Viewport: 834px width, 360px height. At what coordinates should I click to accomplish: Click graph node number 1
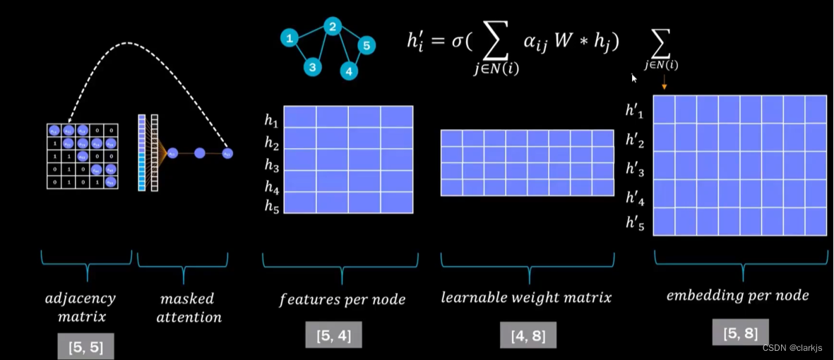pos(289,39)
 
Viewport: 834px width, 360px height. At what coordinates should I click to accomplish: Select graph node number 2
pos(333,27)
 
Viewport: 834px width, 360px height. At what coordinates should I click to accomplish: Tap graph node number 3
pos(313,67)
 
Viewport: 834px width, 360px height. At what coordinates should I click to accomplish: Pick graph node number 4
pos(348,71)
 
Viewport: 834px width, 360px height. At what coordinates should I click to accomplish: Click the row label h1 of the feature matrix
pos(272,121)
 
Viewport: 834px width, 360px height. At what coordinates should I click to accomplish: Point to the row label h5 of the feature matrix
pos(272,206)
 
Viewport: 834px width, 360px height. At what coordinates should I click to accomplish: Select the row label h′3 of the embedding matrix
pos(635,169)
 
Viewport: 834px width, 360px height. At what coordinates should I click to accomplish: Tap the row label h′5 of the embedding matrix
pos(635,223)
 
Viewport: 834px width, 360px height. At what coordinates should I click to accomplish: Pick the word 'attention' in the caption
pos(189,317)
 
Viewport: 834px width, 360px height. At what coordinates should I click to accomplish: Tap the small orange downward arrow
pos(665,85)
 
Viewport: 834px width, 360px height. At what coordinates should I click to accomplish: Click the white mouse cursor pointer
pos(634,78)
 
